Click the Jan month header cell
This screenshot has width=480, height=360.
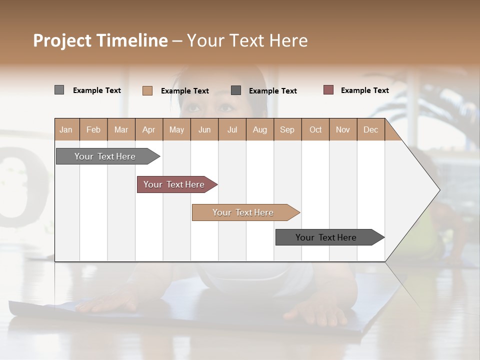66,129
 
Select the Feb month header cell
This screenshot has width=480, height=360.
93,129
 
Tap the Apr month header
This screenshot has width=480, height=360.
149,129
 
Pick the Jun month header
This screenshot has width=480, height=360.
204,129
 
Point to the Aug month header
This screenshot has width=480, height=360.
260,129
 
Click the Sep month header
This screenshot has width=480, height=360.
287,129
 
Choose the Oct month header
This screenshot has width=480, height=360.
315,129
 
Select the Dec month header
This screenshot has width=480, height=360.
371,129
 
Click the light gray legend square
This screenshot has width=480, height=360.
59,90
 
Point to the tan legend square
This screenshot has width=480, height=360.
147,90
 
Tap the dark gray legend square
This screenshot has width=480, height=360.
236,90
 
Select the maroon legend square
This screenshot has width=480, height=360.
328,90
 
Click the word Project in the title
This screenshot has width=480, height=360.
62,40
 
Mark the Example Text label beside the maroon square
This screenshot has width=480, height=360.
364,90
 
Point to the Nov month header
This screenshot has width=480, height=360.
343,129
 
